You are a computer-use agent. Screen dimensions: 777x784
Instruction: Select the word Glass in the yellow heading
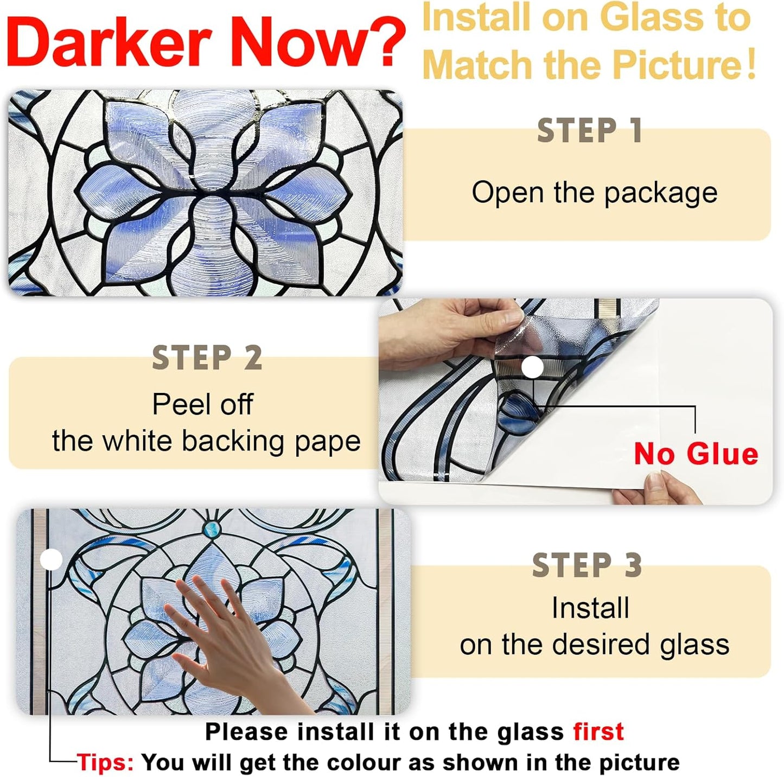pyautogui.click(x=652, y=18)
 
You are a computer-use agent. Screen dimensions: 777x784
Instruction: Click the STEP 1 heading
pyautogui.click(x=590, y=131)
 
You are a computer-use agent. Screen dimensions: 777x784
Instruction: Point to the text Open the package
pyautogui.click(x=594, y=193)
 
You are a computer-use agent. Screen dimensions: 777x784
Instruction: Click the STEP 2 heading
pyautogui.click(x=207, y=358)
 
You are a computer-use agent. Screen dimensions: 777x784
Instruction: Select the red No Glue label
pyautogui.click(x=696, y=454)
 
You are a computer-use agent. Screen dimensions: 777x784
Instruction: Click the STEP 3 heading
pyautogui.click(x=587, y=566)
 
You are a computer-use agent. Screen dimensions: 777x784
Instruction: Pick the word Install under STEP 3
pyautogui.click(x=590, y=608)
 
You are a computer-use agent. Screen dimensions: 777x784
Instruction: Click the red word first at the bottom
pyautogui.click(x=598, y=732)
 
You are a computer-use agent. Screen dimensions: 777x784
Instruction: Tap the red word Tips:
pyautogui.click(x=105, y=762)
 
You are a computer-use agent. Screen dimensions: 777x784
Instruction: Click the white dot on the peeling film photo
pyautogui.click(x=532, y=368)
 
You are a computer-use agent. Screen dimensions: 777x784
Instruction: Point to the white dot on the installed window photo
pyautogui.click(x=52, y=559)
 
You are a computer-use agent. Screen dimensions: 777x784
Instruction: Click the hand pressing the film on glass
pyautogui.click(x=228, y=646)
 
